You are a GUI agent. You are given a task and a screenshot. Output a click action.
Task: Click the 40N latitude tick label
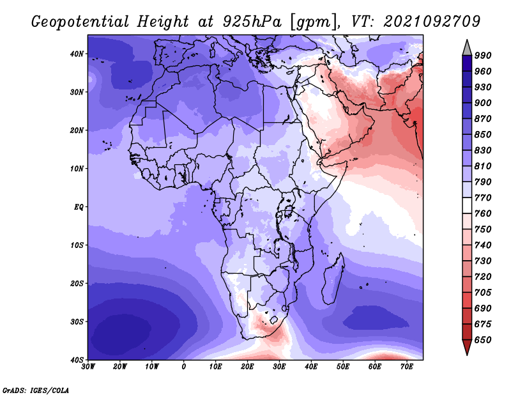pos(77,54)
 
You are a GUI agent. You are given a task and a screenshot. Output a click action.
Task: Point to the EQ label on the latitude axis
pos(79,207)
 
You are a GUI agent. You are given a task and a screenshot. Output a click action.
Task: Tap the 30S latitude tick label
pos(77,321)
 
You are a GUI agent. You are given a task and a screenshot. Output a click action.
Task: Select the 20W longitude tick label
pos(119,367)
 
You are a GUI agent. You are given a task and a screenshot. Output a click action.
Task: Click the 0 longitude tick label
pos(184,367)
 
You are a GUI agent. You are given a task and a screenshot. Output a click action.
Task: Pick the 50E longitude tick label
pos(343,367)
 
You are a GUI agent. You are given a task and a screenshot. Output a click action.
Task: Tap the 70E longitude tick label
pos(406,367)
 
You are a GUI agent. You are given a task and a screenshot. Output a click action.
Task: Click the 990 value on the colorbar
pos(483,56)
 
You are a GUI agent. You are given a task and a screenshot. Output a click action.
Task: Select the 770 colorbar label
pos(483,197)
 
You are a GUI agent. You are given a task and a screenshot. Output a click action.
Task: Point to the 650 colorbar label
pos(483,340)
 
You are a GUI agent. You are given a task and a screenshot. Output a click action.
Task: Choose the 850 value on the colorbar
pos(483,134)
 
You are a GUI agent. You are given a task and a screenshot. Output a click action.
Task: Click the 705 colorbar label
pos(483,293)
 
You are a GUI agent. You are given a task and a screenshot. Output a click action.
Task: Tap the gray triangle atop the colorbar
pos(467,49)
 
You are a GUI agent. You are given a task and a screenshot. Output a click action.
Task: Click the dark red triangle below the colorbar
pos(467,346)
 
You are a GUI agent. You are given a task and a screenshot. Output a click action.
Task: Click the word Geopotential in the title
pos(80,22)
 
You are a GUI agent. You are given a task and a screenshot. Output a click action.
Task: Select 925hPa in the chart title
pos(252,22)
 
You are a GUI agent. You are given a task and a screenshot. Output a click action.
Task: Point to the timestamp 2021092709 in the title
pos(432,21)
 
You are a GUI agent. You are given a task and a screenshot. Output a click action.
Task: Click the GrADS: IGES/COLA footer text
pos(36,390)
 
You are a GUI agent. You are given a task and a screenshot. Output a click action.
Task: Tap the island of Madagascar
pos(333,279)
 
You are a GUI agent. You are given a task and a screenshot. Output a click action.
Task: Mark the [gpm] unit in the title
pos(314,22)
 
